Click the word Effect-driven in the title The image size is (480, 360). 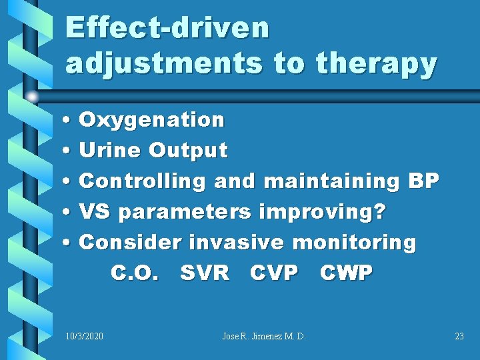point(167,29)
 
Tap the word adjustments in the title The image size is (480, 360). point(164,63)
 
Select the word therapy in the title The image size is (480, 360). point(376,63)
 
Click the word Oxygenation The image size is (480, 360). point(152,121)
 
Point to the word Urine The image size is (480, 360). point(110,151)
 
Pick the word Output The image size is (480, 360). point(189,151)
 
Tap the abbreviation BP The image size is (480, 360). point(422,181)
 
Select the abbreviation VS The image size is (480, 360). point(95,211)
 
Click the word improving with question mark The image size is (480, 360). point(323,211)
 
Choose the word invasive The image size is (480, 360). point(237,242)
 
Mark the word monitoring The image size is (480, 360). point(355,242)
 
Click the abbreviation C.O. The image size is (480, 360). point(135,273)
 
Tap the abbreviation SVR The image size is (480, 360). point(205,273)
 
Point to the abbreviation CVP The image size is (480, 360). point(274,273)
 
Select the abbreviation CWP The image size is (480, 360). point(346,273)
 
